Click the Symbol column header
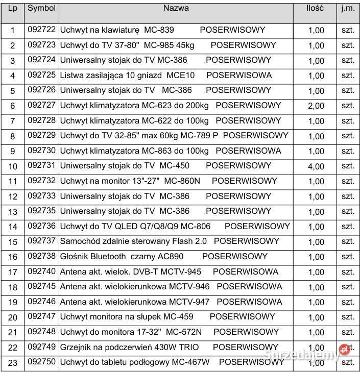41,9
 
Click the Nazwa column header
176,8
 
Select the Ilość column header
315,8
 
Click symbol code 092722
41,30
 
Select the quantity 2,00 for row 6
316,106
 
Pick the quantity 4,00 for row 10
316,166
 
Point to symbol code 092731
41,165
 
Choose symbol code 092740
41,271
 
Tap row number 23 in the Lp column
13,363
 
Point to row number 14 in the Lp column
13,227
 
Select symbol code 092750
41,362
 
